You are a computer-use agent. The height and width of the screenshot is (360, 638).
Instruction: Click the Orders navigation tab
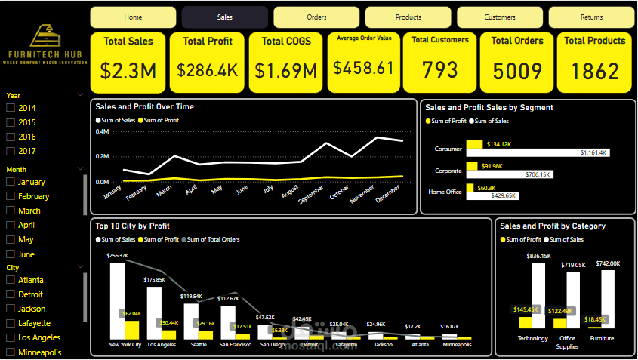click(x=316, y=17)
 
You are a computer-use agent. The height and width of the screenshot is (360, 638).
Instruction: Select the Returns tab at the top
click(x=591, y=17)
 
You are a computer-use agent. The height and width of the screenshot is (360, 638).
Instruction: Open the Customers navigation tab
click(x=500, y=17)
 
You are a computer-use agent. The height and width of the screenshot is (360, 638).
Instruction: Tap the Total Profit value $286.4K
click(x=208, y=70)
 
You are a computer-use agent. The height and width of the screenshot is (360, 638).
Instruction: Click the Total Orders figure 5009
click(x=517, y=71)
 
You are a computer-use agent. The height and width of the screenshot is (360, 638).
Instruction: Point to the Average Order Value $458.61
click(x=364, y=69)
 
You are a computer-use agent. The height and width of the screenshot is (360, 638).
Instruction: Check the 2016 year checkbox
click(x=11, y=137)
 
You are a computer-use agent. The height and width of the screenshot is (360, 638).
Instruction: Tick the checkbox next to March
click(x=11, y=211)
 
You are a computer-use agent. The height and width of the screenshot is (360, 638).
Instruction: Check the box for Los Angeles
click(x=11, y=337)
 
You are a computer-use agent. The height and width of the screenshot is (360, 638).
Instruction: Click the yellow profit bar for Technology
click(x=525, y=322)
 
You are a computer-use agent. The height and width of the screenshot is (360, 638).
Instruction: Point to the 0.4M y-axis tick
click(x=102, y=131)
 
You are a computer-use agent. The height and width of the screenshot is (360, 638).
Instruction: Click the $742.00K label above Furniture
click(x=608, y=263)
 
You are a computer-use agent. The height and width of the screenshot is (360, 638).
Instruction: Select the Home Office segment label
click(x=445, y=192)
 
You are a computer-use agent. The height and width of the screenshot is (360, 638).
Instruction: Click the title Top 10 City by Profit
click(x=132, y=225)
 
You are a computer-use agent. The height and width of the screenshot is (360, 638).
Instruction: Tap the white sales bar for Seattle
click(x=191, y=321)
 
